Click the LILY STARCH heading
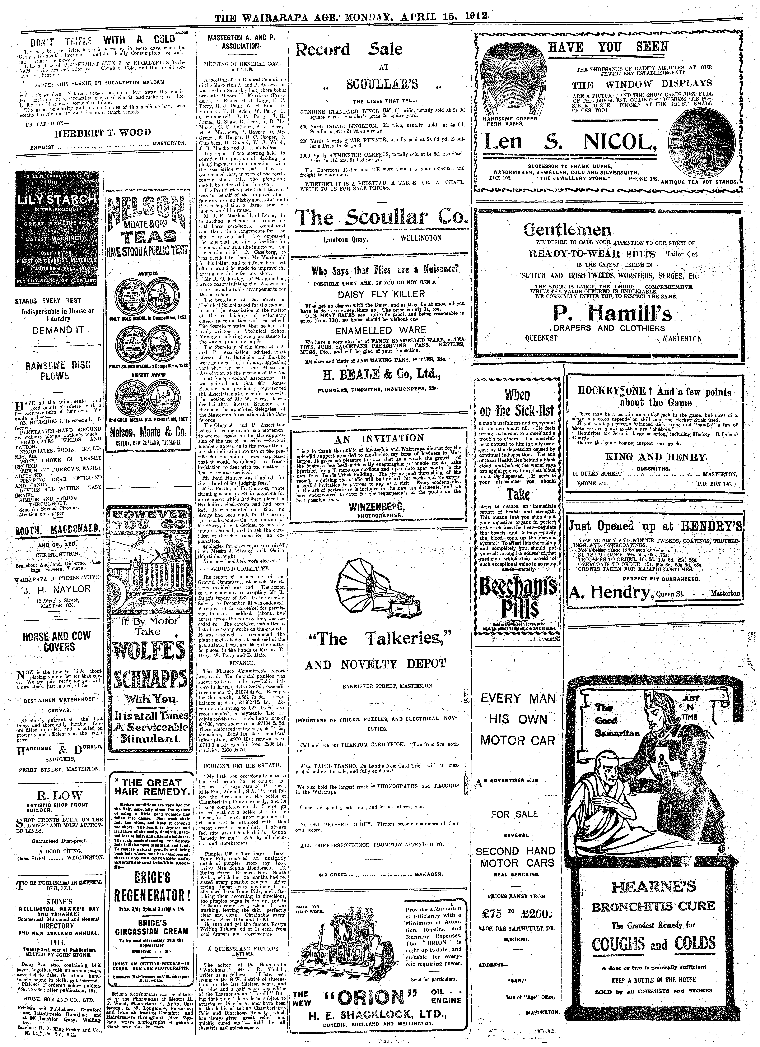(56, 199)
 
